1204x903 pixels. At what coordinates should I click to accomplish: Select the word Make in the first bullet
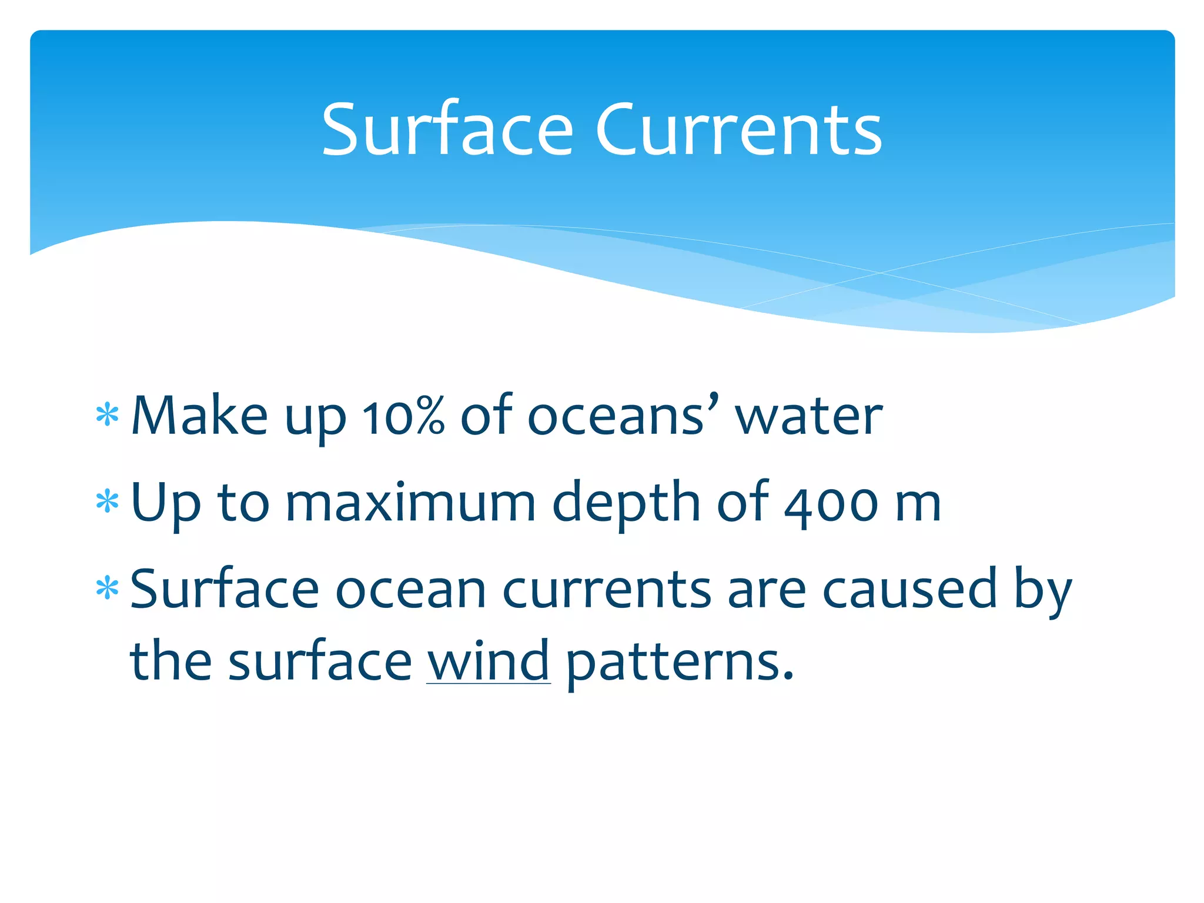pos(199,416)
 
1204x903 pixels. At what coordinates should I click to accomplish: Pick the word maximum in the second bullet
pos(410,503)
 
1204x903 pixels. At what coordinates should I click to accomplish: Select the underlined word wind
pos(488,661)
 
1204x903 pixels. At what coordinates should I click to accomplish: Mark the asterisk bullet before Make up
pos(108,416)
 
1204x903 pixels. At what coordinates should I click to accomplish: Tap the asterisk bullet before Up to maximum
pos(108,503)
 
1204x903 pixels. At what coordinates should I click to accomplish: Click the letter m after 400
pos(917,506)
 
